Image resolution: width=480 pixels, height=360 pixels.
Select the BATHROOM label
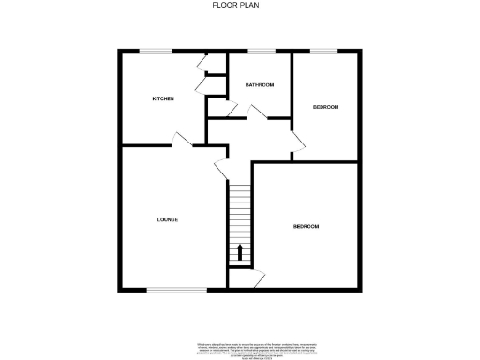coord(260,85)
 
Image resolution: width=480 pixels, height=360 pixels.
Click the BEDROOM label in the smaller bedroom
coord(325,107)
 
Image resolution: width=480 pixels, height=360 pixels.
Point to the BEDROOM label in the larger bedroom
coord(306,226)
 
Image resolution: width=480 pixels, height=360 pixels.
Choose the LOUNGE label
coord(167,219)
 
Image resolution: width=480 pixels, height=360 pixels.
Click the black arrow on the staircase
coord(240,251)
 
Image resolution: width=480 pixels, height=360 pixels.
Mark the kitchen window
coord(155,50)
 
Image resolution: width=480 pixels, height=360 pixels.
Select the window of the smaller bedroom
coord(324,50)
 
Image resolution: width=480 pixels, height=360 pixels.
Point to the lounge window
coord(176,291)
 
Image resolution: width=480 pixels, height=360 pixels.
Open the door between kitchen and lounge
coord(182,141)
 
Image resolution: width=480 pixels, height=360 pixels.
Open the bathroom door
coord(247,112)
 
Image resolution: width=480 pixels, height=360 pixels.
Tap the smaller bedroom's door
coord(297,142)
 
